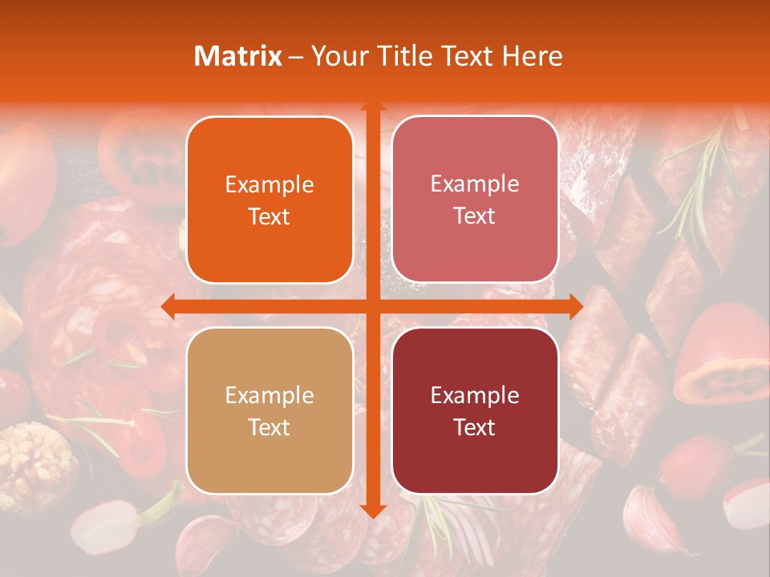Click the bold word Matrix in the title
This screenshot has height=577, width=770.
click(238, 56)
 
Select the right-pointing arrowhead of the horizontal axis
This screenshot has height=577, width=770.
click(576, 306)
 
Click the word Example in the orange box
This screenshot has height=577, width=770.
click(269, 185)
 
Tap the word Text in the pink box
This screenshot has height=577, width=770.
click(475, 216)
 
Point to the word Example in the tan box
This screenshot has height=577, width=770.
click(269, 396)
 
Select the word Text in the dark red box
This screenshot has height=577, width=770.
click(475, 427)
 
